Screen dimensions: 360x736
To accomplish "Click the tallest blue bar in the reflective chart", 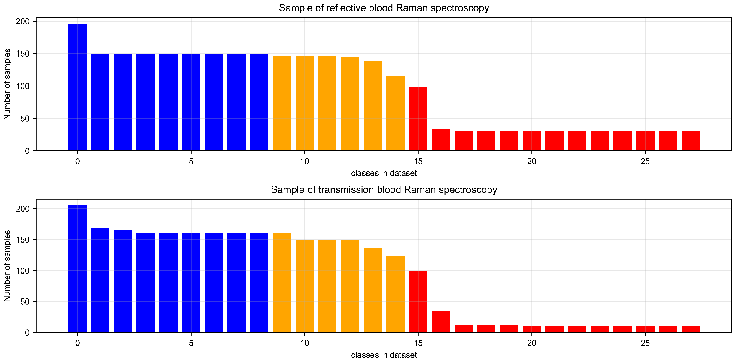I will point(77,87).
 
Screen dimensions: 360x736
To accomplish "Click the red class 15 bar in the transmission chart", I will point(418,301).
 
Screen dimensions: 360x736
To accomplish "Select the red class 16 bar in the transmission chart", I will point(441,322).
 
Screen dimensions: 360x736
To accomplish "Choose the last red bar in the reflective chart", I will point(691,141).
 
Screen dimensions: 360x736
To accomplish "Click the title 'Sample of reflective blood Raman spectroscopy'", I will point(384,8).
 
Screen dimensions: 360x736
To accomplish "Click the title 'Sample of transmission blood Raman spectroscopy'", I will point(384,190).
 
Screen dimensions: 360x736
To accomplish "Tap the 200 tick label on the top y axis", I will point(23,22).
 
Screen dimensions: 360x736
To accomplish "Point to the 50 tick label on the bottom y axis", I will point(25,302).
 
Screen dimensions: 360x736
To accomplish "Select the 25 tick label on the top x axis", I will point(645,162).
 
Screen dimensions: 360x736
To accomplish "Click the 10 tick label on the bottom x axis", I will point(304,343).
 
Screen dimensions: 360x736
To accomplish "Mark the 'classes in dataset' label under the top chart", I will point(384,173).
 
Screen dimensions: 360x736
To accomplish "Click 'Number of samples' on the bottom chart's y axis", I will point(7,266).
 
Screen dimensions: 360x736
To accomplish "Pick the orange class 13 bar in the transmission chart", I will point(373,290).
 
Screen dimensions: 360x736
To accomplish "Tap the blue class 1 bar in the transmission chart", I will point(100,280).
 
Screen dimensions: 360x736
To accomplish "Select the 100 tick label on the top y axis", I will point(23,86).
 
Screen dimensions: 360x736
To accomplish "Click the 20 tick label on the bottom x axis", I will point(531,343).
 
